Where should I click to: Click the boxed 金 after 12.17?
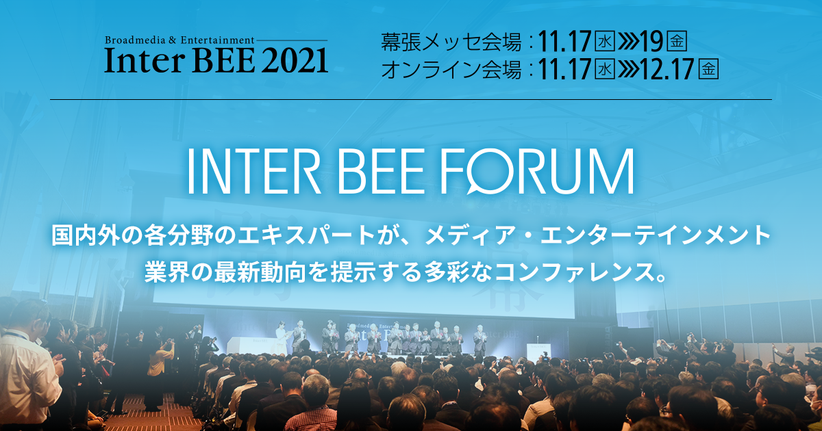(708, 70)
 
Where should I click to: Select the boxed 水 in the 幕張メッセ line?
(605, 42)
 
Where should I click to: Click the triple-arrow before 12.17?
(627, 70)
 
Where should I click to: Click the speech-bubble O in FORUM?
(490, 169)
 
